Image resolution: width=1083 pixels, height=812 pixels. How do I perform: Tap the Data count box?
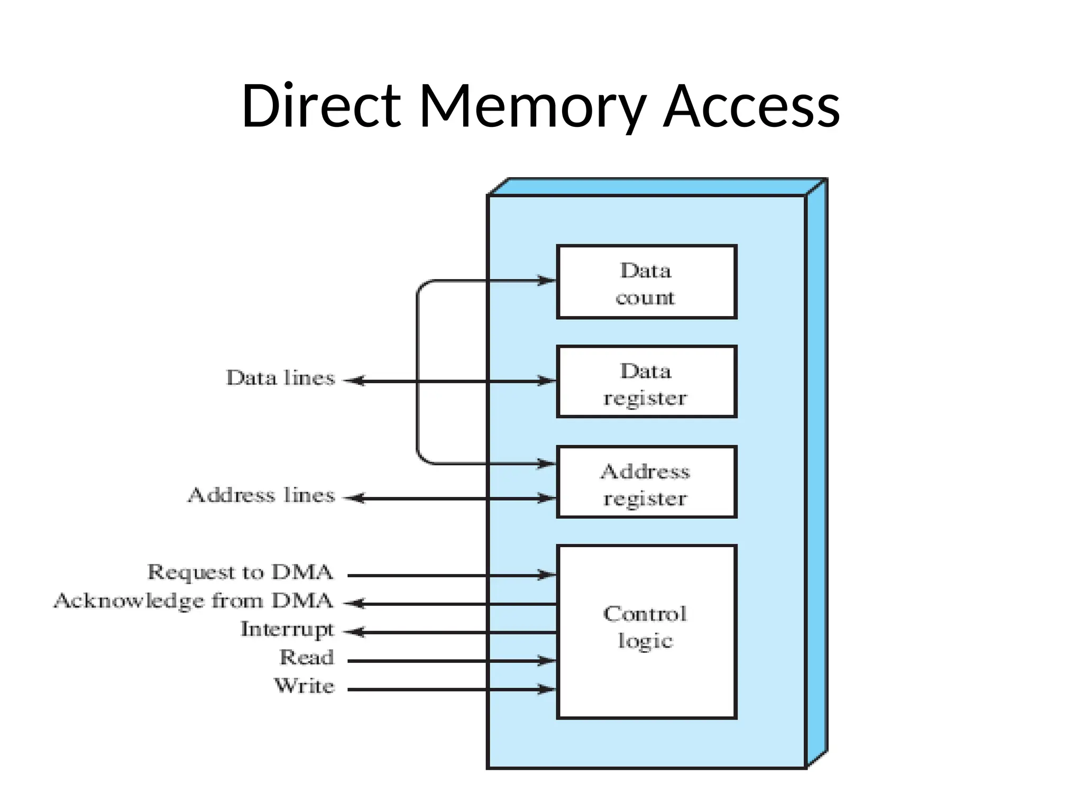pos(646,282)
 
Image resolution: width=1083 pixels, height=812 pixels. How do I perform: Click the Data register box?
pos(646,382)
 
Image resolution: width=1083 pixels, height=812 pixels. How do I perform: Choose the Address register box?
pos(646,482)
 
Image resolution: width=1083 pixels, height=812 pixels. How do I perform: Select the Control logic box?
pos(646,632)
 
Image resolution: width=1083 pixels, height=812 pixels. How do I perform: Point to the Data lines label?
pos(281,379)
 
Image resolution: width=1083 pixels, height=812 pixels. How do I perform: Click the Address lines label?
pos(262,495)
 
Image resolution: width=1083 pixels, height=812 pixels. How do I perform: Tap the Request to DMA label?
pos(240,573)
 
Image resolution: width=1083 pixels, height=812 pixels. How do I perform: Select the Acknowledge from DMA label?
pos(194,601)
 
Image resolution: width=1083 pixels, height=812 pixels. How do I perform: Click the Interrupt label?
pos(287,630)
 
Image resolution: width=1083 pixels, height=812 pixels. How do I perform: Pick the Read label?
pos(307,658)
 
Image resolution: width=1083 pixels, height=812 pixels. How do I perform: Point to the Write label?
pos(305,686)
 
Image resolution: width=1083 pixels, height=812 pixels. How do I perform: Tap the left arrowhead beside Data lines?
pos(355,381)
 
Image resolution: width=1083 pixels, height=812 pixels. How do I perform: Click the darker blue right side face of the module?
pos(816,476)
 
